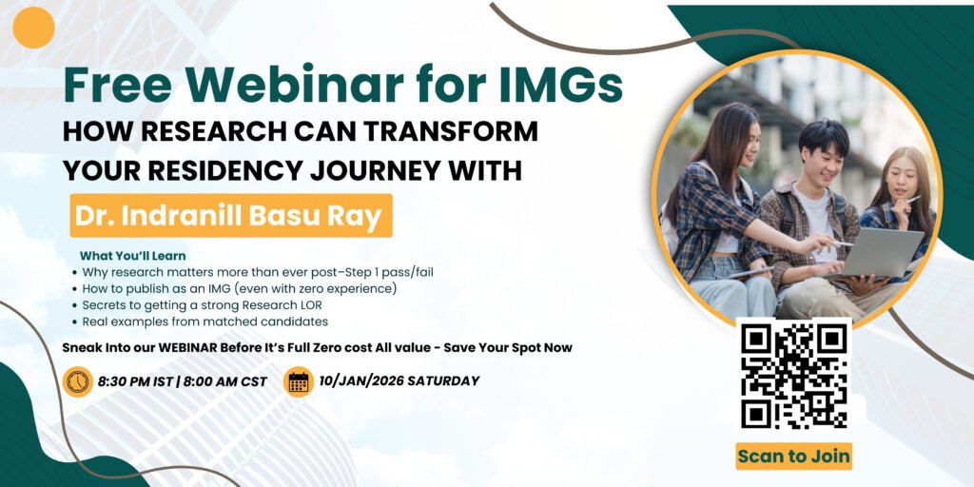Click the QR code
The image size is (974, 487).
(794, 376)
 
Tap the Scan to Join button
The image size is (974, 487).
(794, 456)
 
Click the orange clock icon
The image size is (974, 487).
(77, 381)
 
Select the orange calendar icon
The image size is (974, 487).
(299, 381)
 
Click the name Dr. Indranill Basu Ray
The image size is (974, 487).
(231, 215)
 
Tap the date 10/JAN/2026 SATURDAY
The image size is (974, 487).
(399, 381)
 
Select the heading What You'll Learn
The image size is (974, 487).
(132, 256)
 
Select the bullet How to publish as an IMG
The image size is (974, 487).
(239, 287)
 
